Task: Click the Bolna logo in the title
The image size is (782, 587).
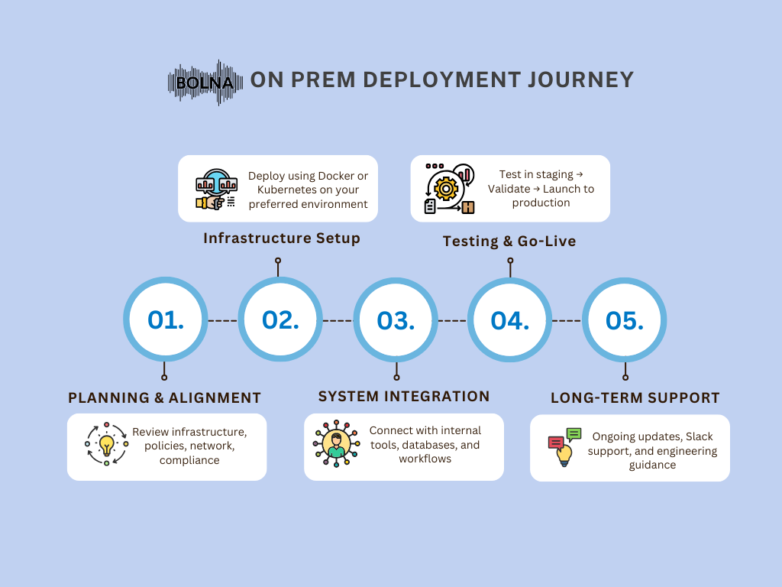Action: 205,83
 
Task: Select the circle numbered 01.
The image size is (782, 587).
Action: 166,319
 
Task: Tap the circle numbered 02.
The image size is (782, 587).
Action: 280,319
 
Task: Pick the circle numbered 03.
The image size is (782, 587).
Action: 396,320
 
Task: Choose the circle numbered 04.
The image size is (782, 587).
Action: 509,320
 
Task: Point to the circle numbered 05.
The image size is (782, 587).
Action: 625,320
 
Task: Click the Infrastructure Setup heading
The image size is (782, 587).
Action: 282,238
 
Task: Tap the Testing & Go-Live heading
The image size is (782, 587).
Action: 509,241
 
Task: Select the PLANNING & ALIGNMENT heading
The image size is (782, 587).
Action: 165,397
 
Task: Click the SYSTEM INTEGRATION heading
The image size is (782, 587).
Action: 404,397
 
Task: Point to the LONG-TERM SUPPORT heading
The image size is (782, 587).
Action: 635,397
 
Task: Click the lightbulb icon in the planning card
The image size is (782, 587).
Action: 106,444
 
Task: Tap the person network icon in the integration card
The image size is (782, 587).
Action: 337,443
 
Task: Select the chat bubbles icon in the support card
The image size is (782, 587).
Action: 565,446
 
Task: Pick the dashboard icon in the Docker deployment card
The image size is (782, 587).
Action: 216,190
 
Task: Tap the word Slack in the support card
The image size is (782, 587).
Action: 700,436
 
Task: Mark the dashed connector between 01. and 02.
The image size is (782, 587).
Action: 222,320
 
